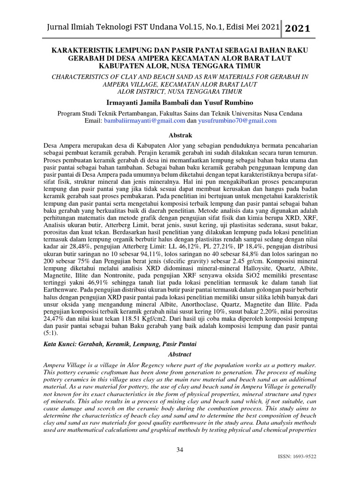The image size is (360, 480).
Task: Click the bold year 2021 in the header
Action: [297, 29]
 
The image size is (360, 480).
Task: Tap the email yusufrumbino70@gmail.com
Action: [237, 120]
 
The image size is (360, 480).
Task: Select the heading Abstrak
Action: [180, 135]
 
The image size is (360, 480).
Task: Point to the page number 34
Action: [180, 450]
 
